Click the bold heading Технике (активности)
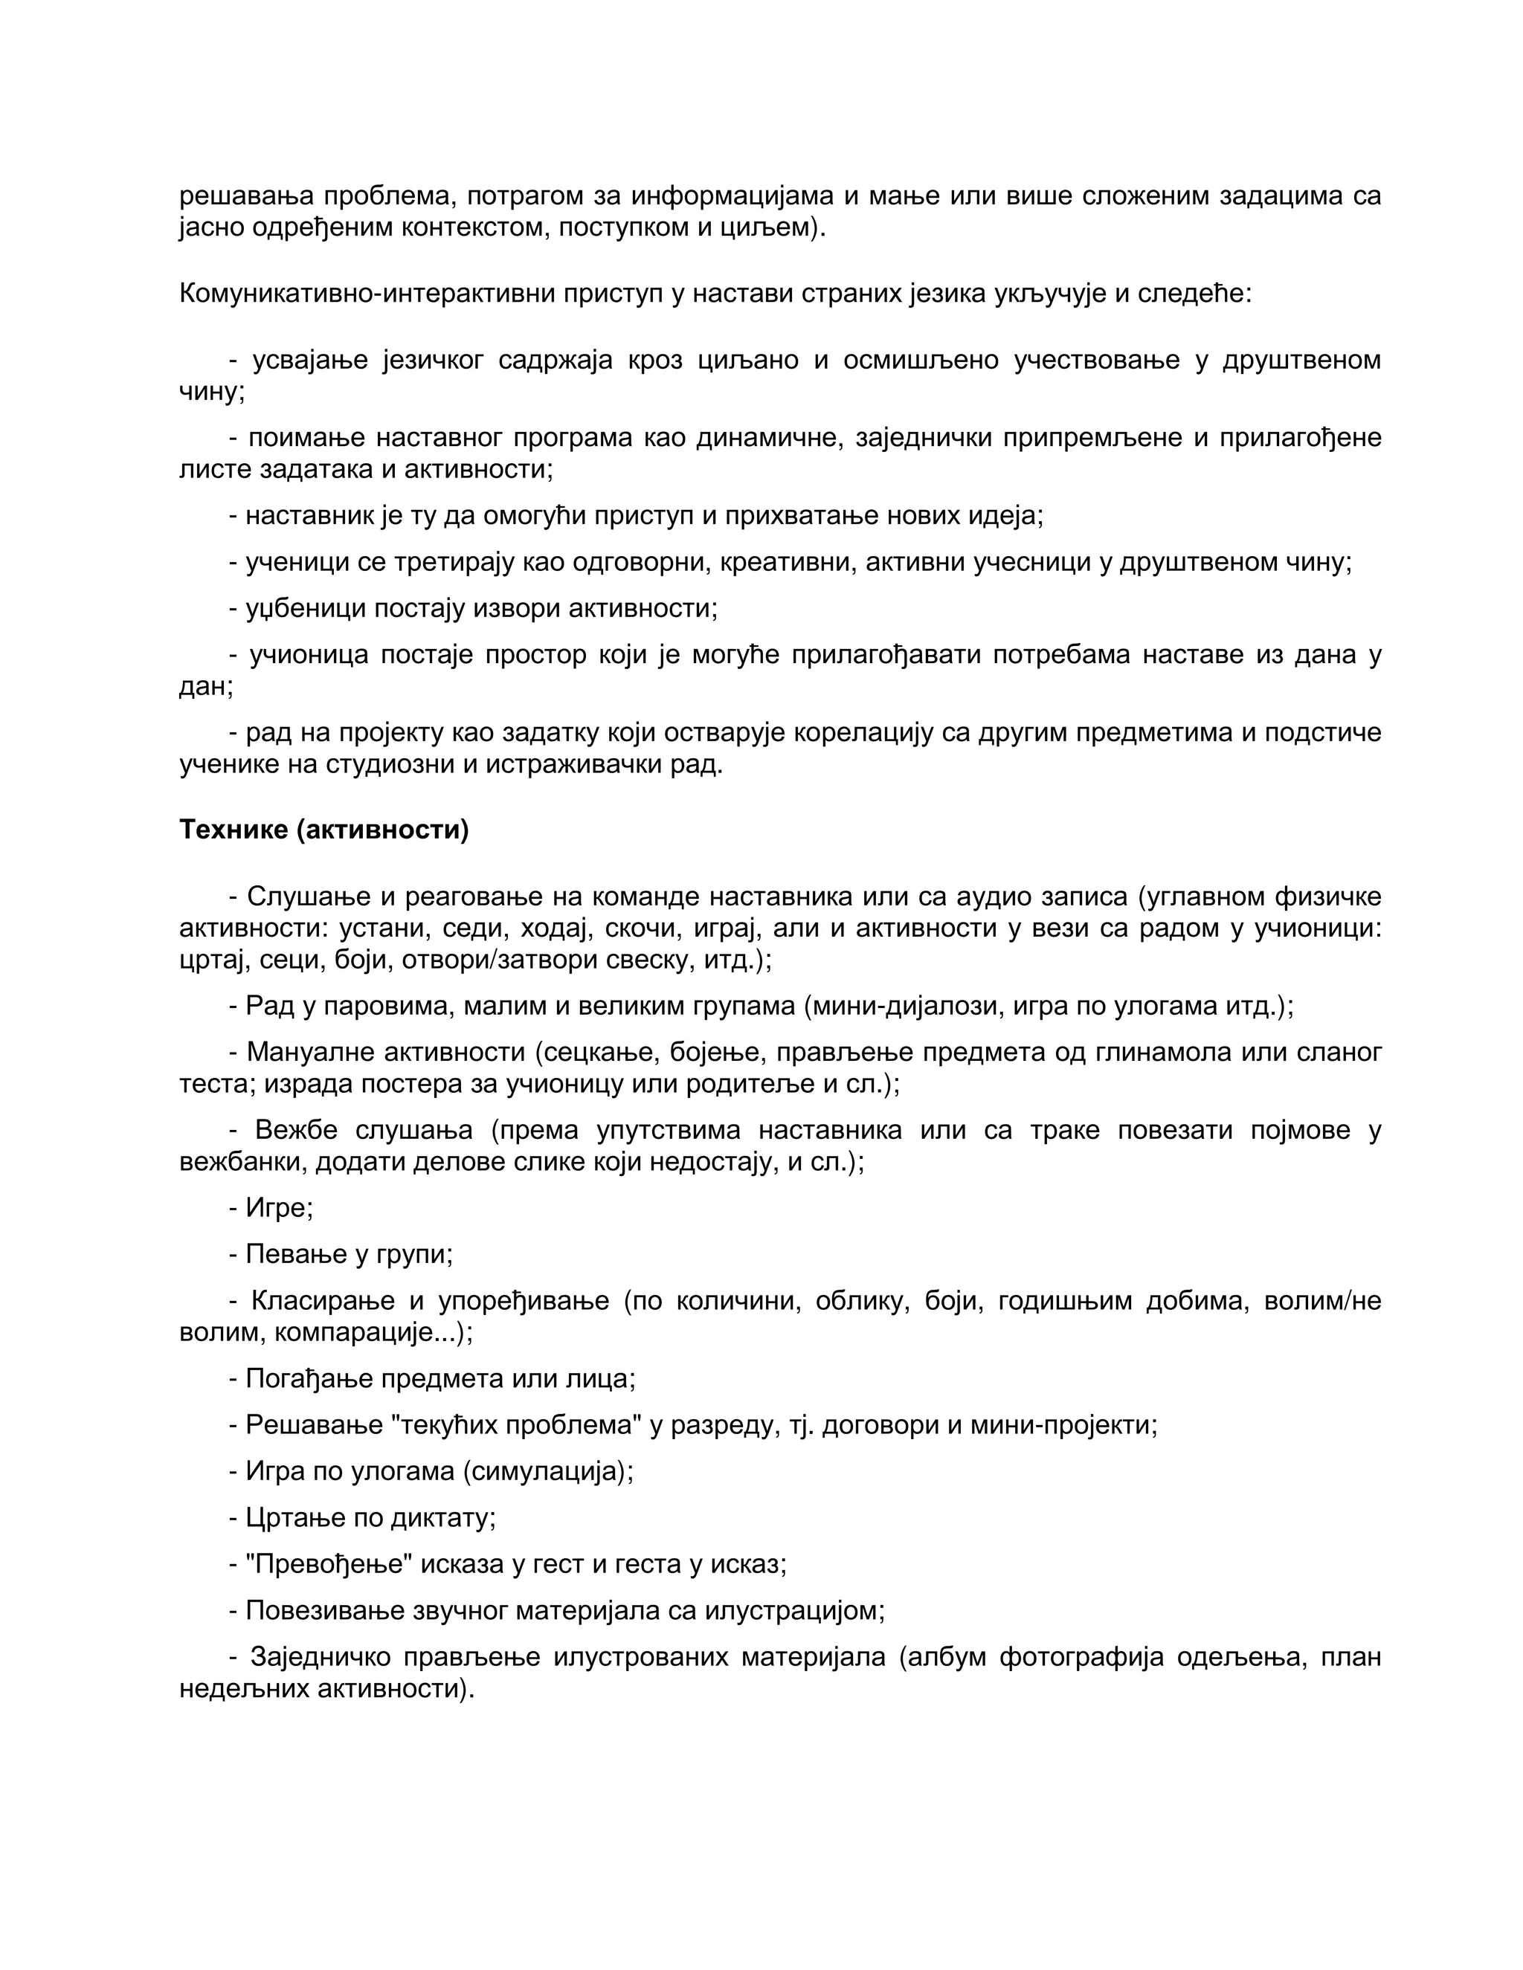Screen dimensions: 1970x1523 coord(324,830)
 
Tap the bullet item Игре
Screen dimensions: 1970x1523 coord(279,1208)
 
